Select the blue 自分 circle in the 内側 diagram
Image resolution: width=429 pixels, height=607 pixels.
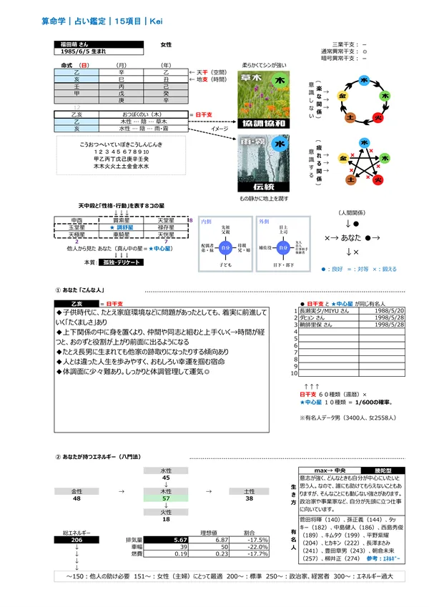pos(226,247)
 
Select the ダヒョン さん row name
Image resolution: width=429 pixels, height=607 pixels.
pos(315,317)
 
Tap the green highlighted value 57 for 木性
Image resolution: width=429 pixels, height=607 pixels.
pos(165,497)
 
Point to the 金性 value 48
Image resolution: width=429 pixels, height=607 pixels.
pos(77,498)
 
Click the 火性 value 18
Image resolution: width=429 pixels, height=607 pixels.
pos(165,519)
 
